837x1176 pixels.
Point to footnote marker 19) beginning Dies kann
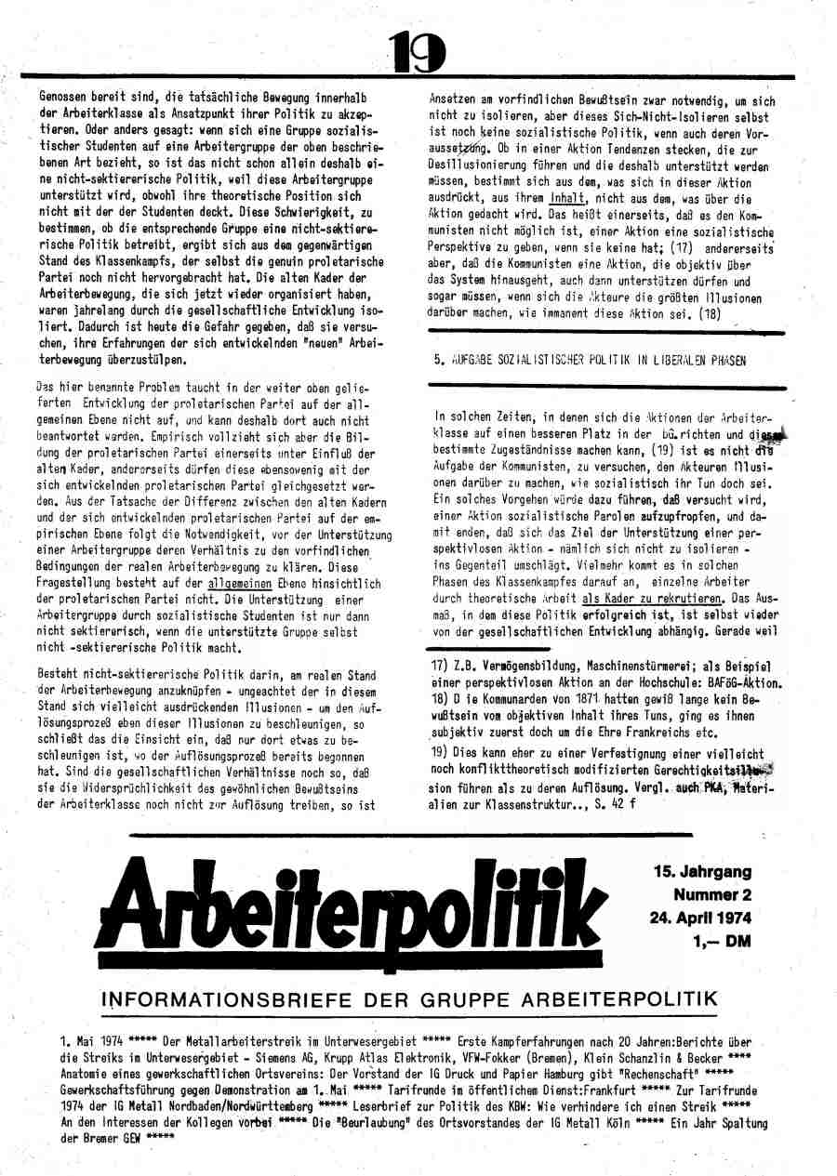440,750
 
